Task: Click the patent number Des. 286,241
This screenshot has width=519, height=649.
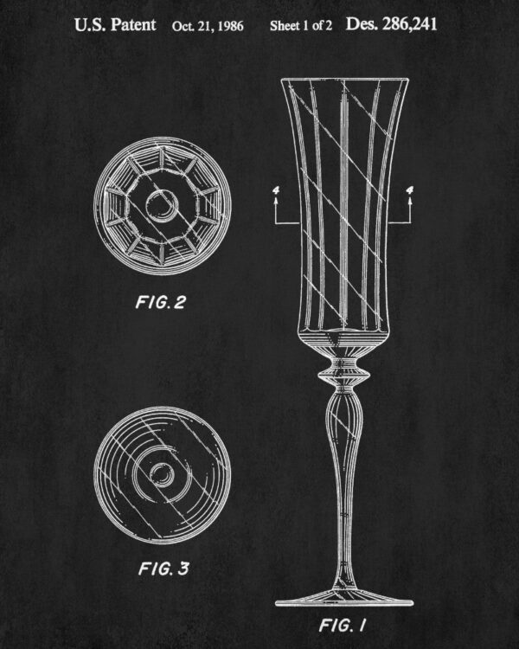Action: tap(391, 24)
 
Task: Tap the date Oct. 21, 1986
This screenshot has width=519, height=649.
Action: tap(208, 26)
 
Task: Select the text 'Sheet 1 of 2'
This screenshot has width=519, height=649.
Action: tap(301, 26)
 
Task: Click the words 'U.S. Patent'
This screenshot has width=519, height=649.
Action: tap(115, 25)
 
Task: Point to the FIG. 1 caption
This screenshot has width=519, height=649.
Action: tap(343, 625)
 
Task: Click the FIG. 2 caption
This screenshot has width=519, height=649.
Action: tap(161, 302)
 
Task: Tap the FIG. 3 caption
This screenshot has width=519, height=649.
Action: tap(163, 569)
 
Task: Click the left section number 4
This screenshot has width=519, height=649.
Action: tap(276, 190)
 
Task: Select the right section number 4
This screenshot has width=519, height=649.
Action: tap(410, 190)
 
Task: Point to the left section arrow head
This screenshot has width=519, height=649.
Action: tap(276, 201)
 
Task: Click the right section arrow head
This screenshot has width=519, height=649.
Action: tap(410, 201)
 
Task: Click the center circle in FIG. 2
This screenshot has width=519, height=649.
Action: tap(163, 206)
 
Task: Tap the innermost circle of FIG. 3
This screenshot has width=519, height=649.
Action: tap(162, 474)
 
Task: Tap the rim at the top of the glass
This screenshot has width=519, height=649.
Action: tap(345, 79)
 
